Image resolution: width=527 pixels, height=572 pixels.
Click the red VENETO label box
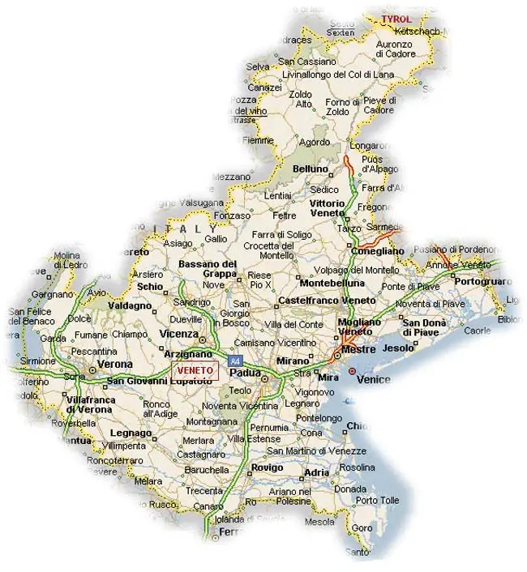click(x=195, y=370)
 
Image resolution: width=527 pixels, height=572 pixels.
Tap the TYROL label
click(x=396, y=18)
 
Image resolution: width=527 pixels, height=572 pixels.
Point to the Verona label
click(x=115, y=365)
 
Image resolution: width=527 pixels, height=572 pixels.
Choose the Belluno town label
click(x=311, y=169)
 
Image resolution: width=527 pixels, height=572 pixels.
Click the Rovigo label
click(x=268, y=468)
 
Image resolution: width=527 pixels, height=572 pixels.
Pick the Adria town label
click(x=316, y=473)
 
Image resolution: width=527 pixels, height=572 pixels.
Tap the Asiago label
click(x=178, y=243)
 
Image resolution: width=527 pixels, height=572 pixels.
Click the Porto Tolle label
click(x=377, y=500)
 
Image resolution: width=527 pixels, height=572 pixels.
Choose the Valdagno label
click(x=132, y=306)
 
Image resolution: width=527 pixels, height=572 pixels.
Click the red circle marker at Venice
click(x=352, y=370)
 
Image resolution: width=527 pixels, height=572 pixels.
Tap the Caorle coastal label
click(x=478, y=331)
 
